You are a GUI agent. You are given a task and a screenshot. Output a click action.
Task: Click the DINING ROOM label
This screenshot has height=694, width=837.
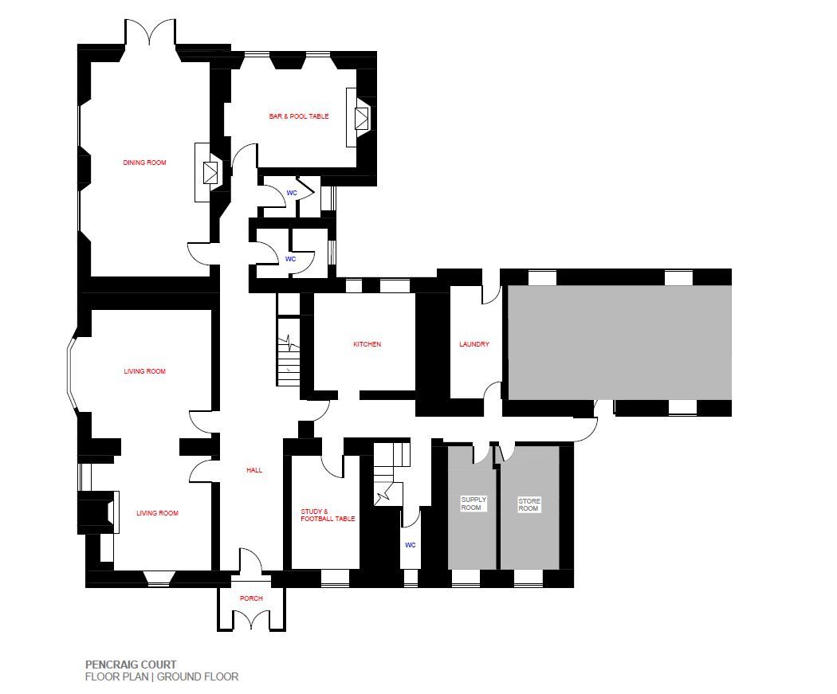point(144,163)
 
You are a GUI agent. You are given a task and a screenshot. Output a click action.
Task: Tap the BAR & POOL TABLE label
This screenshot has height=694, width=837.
point(299,116)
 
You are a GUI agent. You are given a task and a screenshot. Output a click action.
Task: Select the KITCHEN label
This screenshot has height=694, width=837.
point(367,344)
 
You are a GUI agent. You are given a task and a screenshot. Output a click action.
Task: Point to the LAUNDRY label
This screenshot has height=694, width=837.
point(474,344)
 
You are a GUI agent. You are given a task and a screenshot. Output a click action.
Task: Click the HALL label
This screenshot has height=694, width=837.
point(254,470)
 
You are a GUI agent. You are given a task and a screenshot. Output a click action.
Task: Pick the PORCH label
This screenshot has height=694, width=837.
point(251,598)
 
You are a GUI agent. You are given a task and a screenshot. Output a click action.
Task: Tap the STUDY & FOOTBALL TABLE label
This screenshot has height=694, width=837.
point(328,515)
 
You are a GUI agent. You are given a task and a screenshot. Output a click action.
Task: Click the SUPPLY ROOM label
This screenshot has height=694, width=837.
point(474,504)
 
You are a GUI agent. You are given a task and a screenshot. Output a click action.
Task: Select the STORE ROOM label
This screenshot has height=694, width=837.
point(529,504)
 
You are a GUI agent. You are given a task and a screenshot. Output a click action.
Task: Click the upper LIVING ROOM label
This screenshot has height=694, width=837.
point(144,371)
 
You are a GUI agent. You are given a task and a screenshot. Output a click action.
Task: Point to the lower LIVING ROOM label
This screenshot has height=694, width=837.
point(158,513)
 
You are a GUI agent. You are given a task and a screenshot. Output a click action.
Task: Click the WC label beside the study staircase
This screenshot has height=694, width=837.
point(410,545)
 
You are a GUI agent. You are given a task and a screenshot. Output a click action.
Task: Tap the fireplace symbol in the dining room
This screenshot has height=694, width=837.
point(211,172)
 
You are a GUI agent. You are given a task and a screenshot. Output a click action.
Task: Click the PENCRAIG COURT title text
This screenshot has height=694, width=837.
point(131,665)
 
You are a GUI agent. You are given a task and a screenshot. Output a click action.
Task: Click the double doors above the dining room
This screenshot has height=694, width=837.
point(150,33)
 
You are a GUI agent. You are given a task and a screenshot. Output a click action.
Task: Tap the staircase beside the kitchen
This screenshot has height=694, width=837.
point(289,351)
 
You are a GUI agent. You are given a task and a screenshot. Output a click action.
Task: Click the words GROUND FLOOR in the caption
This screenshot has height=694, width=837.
point(198,677)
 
